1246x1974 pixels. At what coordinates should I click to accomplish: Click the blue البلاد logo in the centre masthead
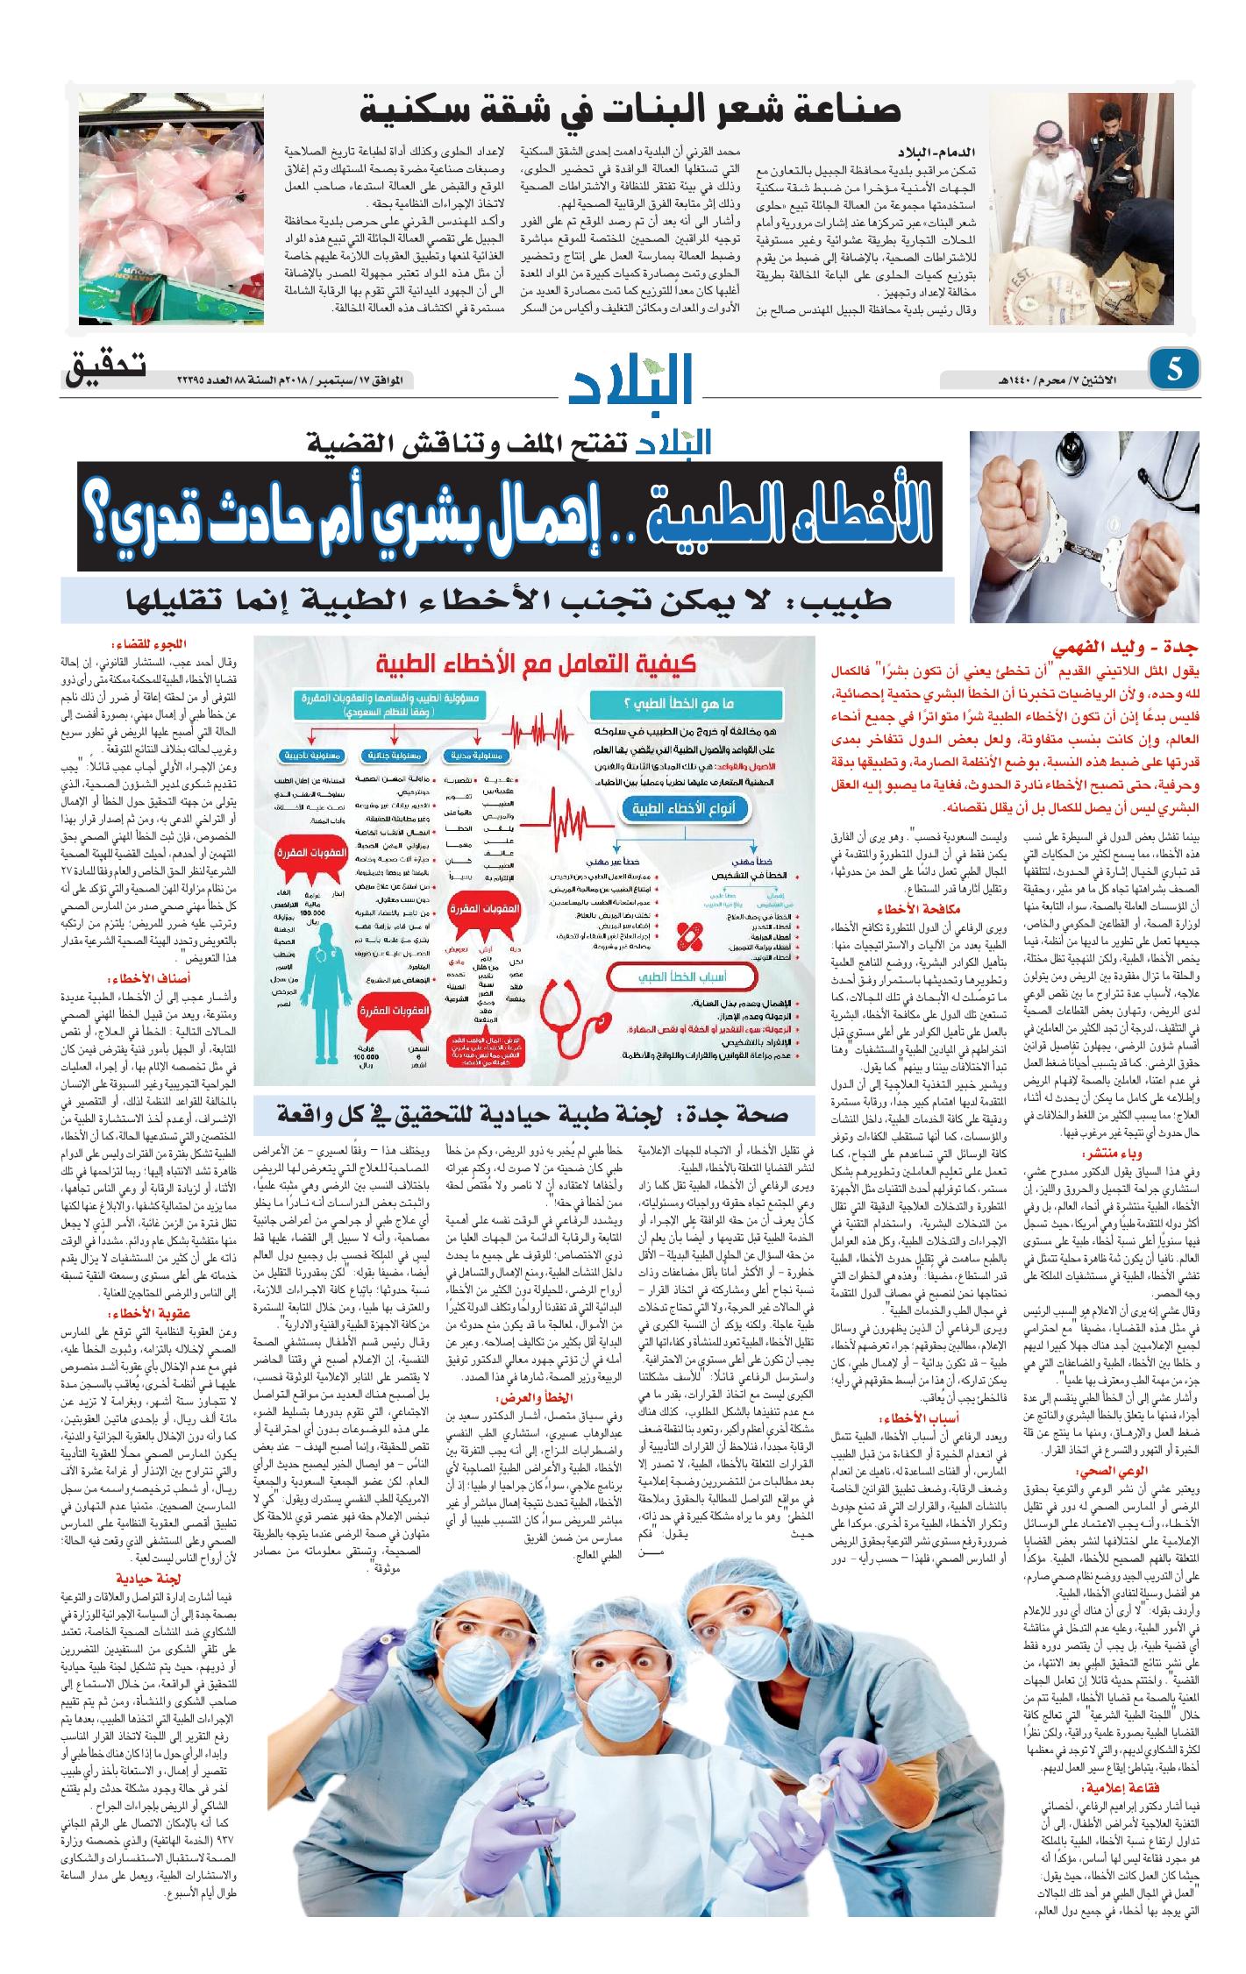(630, 380)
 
